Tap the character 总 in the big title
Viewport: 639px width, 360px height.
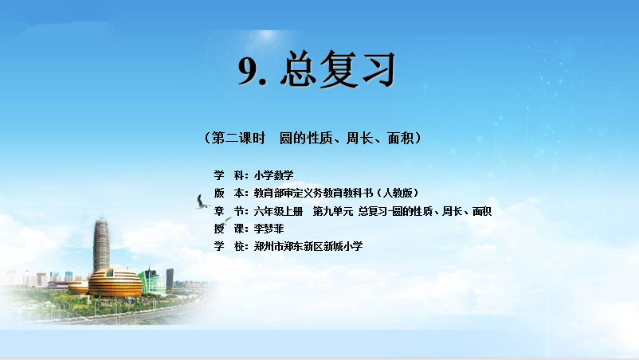(298, 69)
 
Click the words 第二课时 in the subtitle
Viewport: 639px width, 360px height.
(238, 138)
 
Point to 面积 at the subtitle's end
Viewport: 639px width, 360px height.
(401, 138)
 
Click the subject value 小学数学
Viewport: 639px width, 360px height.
(273, 175)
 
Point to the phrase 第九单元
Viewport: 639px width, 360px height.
(332, 211)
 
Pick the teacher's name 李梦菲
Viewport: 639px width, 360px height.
(269, 229)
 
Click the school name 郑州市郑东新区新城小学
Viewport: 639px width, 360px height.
(308, 246)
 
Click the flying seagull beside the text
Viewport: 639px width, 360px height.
(202, 202)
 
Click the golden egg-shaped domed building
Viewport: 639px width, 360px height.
(116, 282)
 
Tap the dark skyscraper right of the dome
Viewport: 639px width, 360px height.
(170, 279)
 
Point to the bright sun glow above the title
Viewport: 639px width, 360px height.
(268, 36)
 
